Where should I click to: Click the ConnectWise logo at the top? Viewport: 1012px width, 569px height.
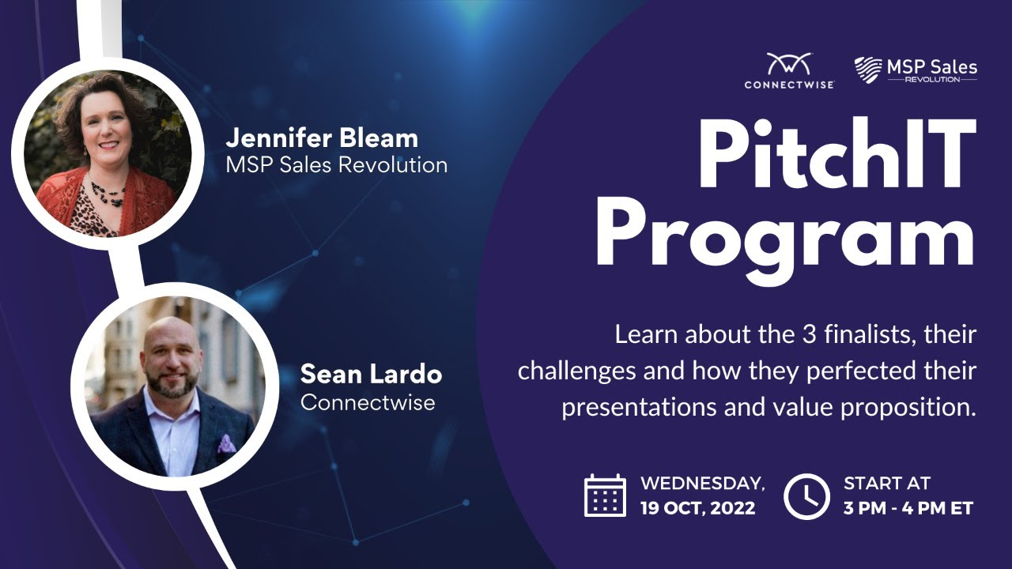(789, 70)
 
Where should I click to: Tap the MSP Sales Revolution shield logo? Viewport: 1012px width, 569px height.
(868, 70)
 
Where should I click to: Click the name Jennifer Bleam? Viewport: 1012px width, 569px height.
(322, 138)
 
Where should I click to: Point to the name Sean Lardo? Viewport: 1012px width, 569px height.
(371, 375)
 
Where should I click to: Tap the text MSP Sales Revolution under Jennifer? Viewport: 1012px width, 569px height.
(337, 165)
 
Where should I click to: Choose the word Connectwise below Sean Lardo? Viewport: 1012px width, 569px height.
(368, 402)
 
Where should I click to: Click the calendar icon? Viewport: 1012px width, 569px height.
(605, 496)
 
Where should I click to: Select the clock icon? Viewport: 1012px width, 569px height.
(806, 496)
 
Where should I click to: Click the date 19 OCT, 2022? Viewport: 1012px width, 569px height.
(698, 508)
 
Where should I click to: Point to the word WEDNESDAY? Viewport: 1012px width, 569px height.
(702, 483)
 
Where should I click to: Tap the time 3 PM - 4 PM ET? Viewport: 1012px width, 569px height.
(908, 508)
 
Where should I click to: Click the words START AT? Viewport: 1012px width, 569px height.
(887, 483)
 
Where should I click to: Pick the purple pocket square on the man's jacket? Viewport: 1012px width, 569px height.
(226, 443)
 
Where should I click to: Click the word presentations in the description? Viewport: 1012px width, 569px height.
(638, 407)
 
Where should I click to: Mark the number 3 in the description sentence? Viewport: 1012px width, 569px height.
(809, 334)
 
